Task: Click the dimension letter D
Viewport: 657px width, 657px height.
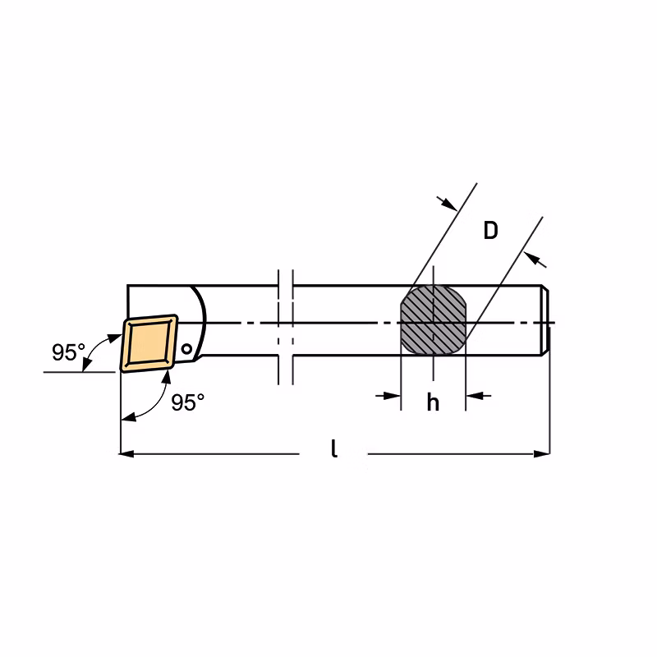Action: tap(490, 231)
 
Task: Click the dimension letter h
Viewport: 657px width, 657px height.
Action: tap(433, 402)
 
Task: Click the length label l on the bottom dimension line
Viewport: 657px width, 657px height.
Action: tap(334, 449)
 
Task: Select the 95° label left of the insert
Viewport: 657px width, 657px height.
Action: tap(68, 352)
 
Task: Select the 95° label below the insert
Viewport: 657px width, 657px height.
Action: tap(187, 402)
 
